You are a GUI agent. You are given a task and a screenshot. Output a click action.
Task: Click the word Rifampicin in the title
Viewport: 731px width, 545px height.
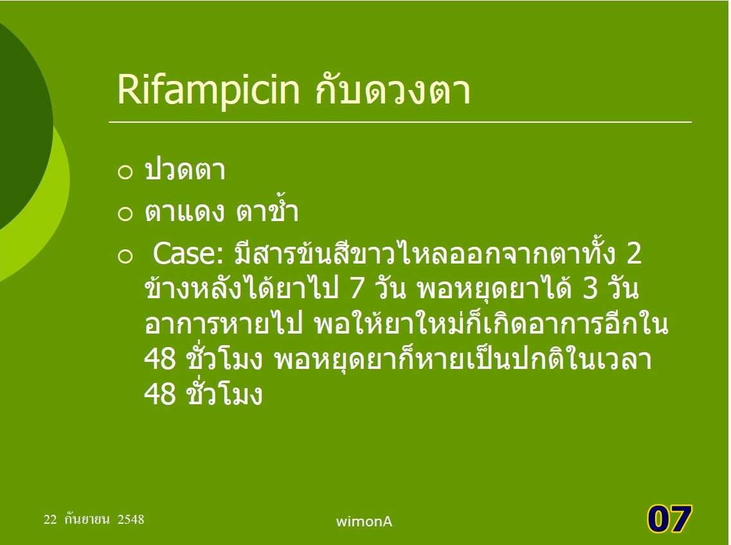[x=208, y=89]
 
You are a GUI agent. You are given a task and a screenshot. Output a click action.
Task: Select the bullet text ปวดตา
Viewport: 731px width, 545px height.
[x=185, y=170]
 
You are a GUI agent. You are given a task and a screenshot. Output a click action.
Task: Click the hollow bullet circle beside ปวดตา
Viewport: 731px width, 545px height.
[x=125, y=172]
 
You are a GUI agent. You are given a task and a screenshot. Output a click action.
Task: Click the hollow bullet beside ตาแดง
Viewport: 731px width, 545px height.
[x=125, y=214]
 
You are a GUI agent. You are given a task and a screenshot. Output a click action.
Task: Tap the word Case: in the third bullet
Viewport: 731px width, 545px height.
[x=189, y=253]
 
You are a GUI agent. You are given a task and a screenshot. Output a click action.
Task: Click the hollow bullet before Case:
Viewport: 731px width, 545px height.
[x=125, y=256]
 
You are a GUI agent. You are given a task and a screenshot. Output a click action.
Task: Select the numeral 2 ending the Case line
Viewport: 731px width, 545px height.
[x=634, y=254]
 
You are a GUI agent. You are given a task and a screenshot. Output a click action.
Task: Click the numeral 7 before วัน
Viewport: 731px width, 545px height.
[x=356, y=289]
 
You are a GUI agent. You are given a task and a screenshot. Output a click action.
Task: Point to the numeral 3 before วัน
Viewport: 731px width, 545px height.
[x=590, y=289]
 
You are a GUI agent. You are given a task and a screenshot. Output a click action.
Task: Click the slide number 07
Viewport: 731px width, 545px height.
[x=669, y=519]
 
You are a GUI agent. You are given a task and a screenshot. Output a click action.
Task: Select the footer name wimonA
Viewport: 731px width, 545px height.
[x=364, y=521]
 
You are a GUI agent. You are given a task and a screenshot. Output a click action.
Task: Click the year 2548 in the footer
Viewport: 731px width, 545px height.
[x=131, y=519]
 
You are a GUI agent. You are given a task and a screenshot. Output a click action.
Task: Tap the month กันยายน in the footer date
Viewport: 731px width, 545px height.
[x=87, y=519]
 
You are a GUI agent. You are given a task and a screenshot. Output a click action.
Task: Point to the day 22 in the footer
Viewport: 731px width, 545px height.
[x=50, y=519]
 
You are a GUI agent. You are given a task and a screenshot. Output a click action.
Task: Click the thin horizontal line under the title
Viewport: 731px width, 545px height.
[x=400, y=122]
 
